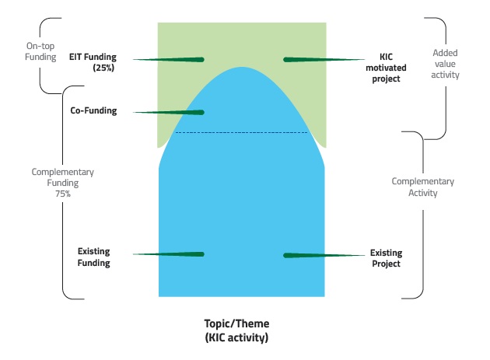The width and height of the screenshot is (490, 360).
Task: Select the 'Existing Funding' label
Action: pyautogui.click(x=94, y=257)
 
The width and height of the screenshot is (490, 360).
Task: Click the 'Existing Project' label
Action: pyautogui.click(x=385, y=258)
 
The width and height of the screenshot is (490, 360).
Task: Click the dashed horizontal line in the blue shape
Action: pyautogui.click(x=241, y=133)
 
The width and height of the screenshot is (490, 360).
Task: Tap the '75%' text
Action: pyautogui.click(x=62, y=194)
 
